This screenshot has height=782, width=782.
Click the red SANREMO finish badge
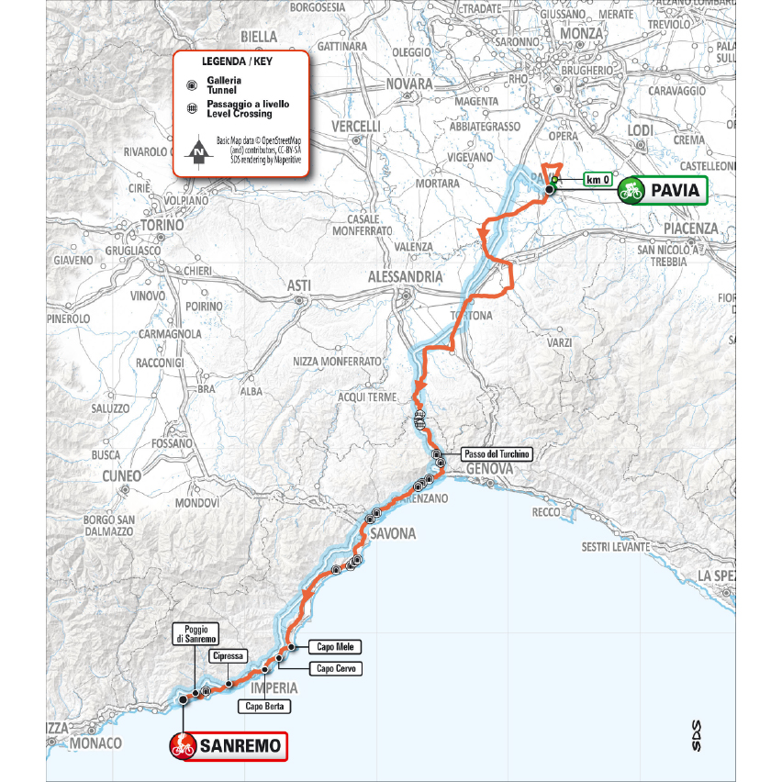click(x=229, y=746)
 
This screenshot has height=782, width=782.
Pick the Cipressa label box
click(x=226, y=655)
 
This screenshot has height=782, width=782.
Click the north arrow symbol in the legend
click(x=197, y=152)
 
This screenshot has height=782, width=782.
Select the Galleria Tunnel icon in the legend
click(x=192, y=85)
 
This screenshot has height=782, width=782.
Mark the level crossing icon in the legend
click(x=192, y=109)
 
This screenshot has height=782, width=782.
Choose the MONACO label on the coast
click(x=95, y=743)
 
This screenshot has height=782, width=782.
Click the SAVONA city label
click(x=393, y=533)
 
